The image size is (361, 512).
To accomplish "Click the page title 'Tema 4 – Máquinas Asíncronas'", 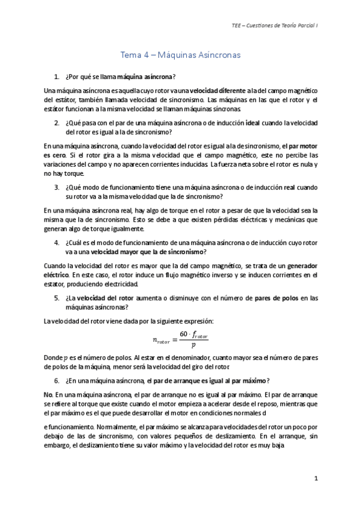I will pos(180,55).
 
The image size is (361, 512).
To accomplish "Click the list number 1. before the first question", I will pos(57,77).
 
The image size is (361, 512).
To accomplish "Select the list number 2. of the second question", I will pos(57,122).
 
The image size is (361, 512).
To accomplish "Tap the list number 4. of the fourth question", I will pos(57,242).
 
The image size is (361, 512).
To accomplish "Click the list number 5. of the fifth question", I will pos(57,298).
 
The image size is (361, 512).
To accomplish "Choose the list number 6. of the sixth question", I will pos(57,380).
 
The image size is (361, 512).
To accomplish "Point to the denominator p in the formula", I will pos(193,346).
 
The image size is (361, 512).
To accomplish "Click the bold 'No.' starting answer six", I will pos(49,394).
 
